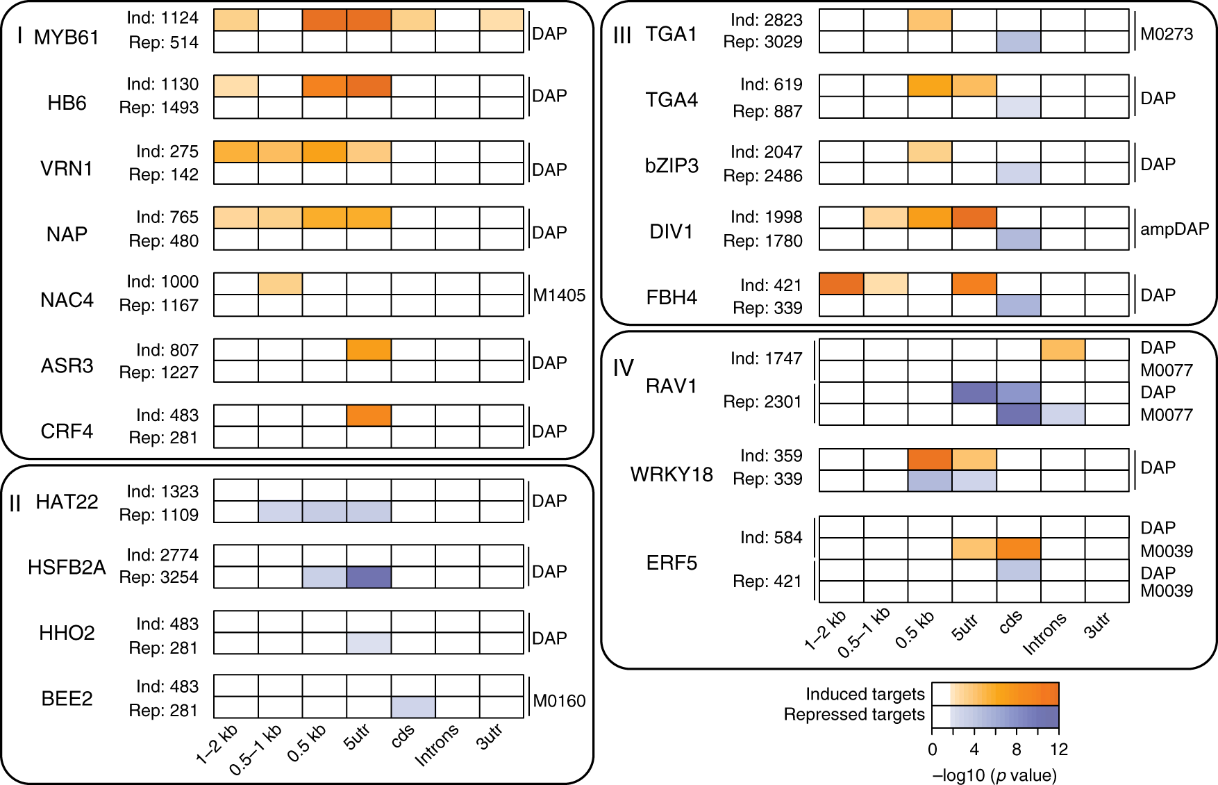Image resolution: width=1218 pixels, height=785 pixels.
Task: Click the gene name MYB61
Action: [67, 37]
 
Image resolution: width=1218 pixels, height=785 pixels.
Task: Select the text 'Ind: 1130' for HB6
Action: [162, 84]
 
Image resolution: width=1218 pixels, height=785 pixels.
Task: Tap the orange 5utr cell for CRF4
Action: [369, 415]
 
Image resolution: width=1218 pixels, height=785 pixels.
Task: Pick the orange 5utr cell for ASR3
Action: [369, 349]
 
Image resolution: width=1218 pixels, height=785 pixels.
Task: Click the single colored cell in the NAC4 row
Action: [280, 283]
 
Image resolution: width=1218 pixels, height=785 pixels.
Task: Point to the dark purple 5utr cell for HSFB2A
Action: [369, 577]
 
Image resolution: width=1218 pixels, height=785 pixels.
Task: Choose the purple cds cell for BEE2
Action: [413, 707]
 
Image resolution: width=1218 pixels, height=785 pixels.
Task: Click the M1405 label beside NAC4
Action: [559, 295]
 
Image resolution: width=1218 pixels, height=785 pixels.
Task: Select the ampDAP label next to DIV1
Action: [1174, 229]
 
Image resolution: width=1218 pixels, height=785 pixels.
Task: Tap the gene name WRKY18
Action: [671, 474]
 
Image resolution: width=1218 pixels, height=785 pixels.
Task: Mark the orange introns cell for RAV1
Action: [1062, 349]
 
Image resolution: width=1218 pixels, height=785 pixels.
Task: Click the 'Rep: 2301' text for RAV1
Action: [762, 402]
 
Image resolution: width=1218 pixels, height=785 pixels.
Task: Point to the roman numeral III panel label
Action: [622, 35]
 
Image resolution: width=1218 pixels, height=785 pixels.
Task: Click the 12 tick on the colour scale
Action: [1059, 750]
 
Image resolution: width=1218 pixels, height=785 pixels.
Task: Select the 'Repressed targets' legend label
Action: [854, 714]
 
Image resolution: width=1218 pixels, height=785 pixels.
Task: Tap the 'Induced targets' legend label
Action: [865, 694]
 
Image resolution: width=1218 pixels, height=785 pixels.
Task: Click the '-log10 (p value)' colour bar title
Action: [994, 775]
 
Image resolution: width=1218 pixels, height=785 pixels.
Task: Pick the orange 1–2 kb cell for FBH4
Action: [842, 283]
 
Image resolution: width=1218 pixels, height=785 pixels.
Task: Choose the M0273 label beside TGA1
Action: [1167, 33]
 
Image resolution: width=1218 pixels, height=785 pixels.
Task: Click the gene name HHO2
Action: [67, 633]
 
